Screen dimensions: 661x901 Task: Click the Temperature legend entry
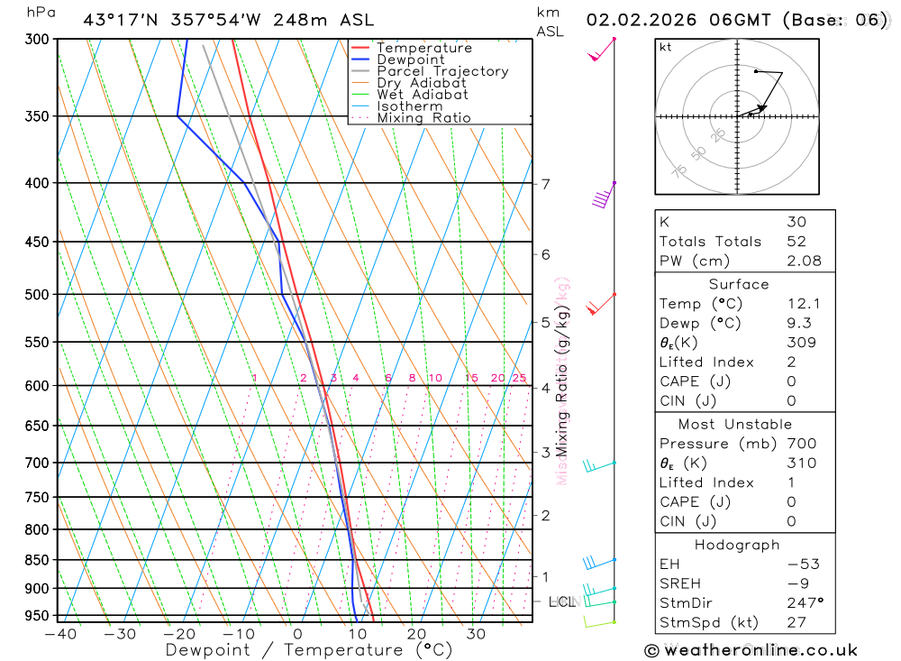pos(423,48)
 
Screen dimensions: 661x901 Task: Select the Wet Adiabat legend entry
pos(422,95)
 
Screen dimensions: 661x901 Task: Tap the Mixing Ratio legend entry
pos(423,118)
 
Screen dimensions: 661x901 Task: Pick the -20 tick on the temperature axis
pos(178,634)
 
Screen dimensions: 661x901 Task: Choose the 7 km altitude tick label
pos(545,184)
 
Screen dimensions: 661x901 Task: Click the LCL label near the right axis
pos(562,601)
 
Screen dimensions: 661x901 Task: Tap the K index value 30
pos(796,222)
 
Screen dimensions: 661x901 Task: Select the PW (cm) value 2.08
pos(804,262)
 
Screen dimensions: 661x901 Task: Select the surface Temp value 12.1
pos(804,304)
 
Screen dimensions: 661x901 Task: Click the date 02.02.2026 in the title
pos(642,20)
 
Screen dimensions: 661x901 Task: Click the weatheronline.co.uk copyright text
pos(751,650)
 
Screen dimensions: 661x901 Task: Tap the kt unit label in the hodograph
pos(666,47)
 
